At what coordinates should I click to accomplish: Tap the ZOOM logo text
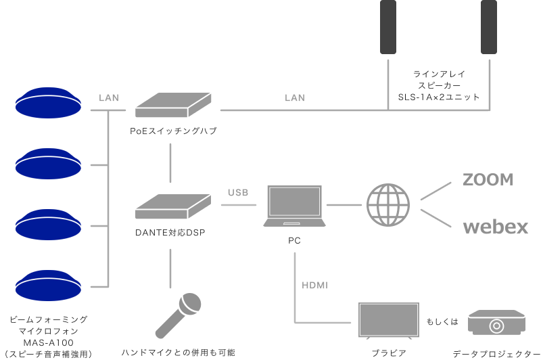(x=488, y=179)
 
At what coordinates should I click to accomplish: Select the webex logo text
(x=495, y=227)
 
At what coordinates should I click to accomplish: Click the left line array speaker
(x=388, y=27)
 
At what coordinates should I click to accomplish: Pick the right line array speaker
(x=489, y=27)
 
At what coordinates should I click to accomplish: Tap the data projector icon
(x=497, y=323)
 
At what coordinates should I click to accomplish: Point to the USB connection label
(x=237, y=193)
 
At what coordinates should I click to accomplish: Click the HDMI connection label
(x=314, y=286)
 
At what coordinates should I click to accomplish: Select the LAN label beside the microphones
(x=109, y=98)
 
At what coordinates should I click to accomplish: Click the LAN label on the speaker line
(x=294, y=98)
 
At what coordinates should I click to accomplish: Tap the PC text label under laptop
(x=295, y=240)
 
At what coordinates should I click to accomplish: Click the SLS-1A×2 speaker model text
(x=439, y=97)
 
